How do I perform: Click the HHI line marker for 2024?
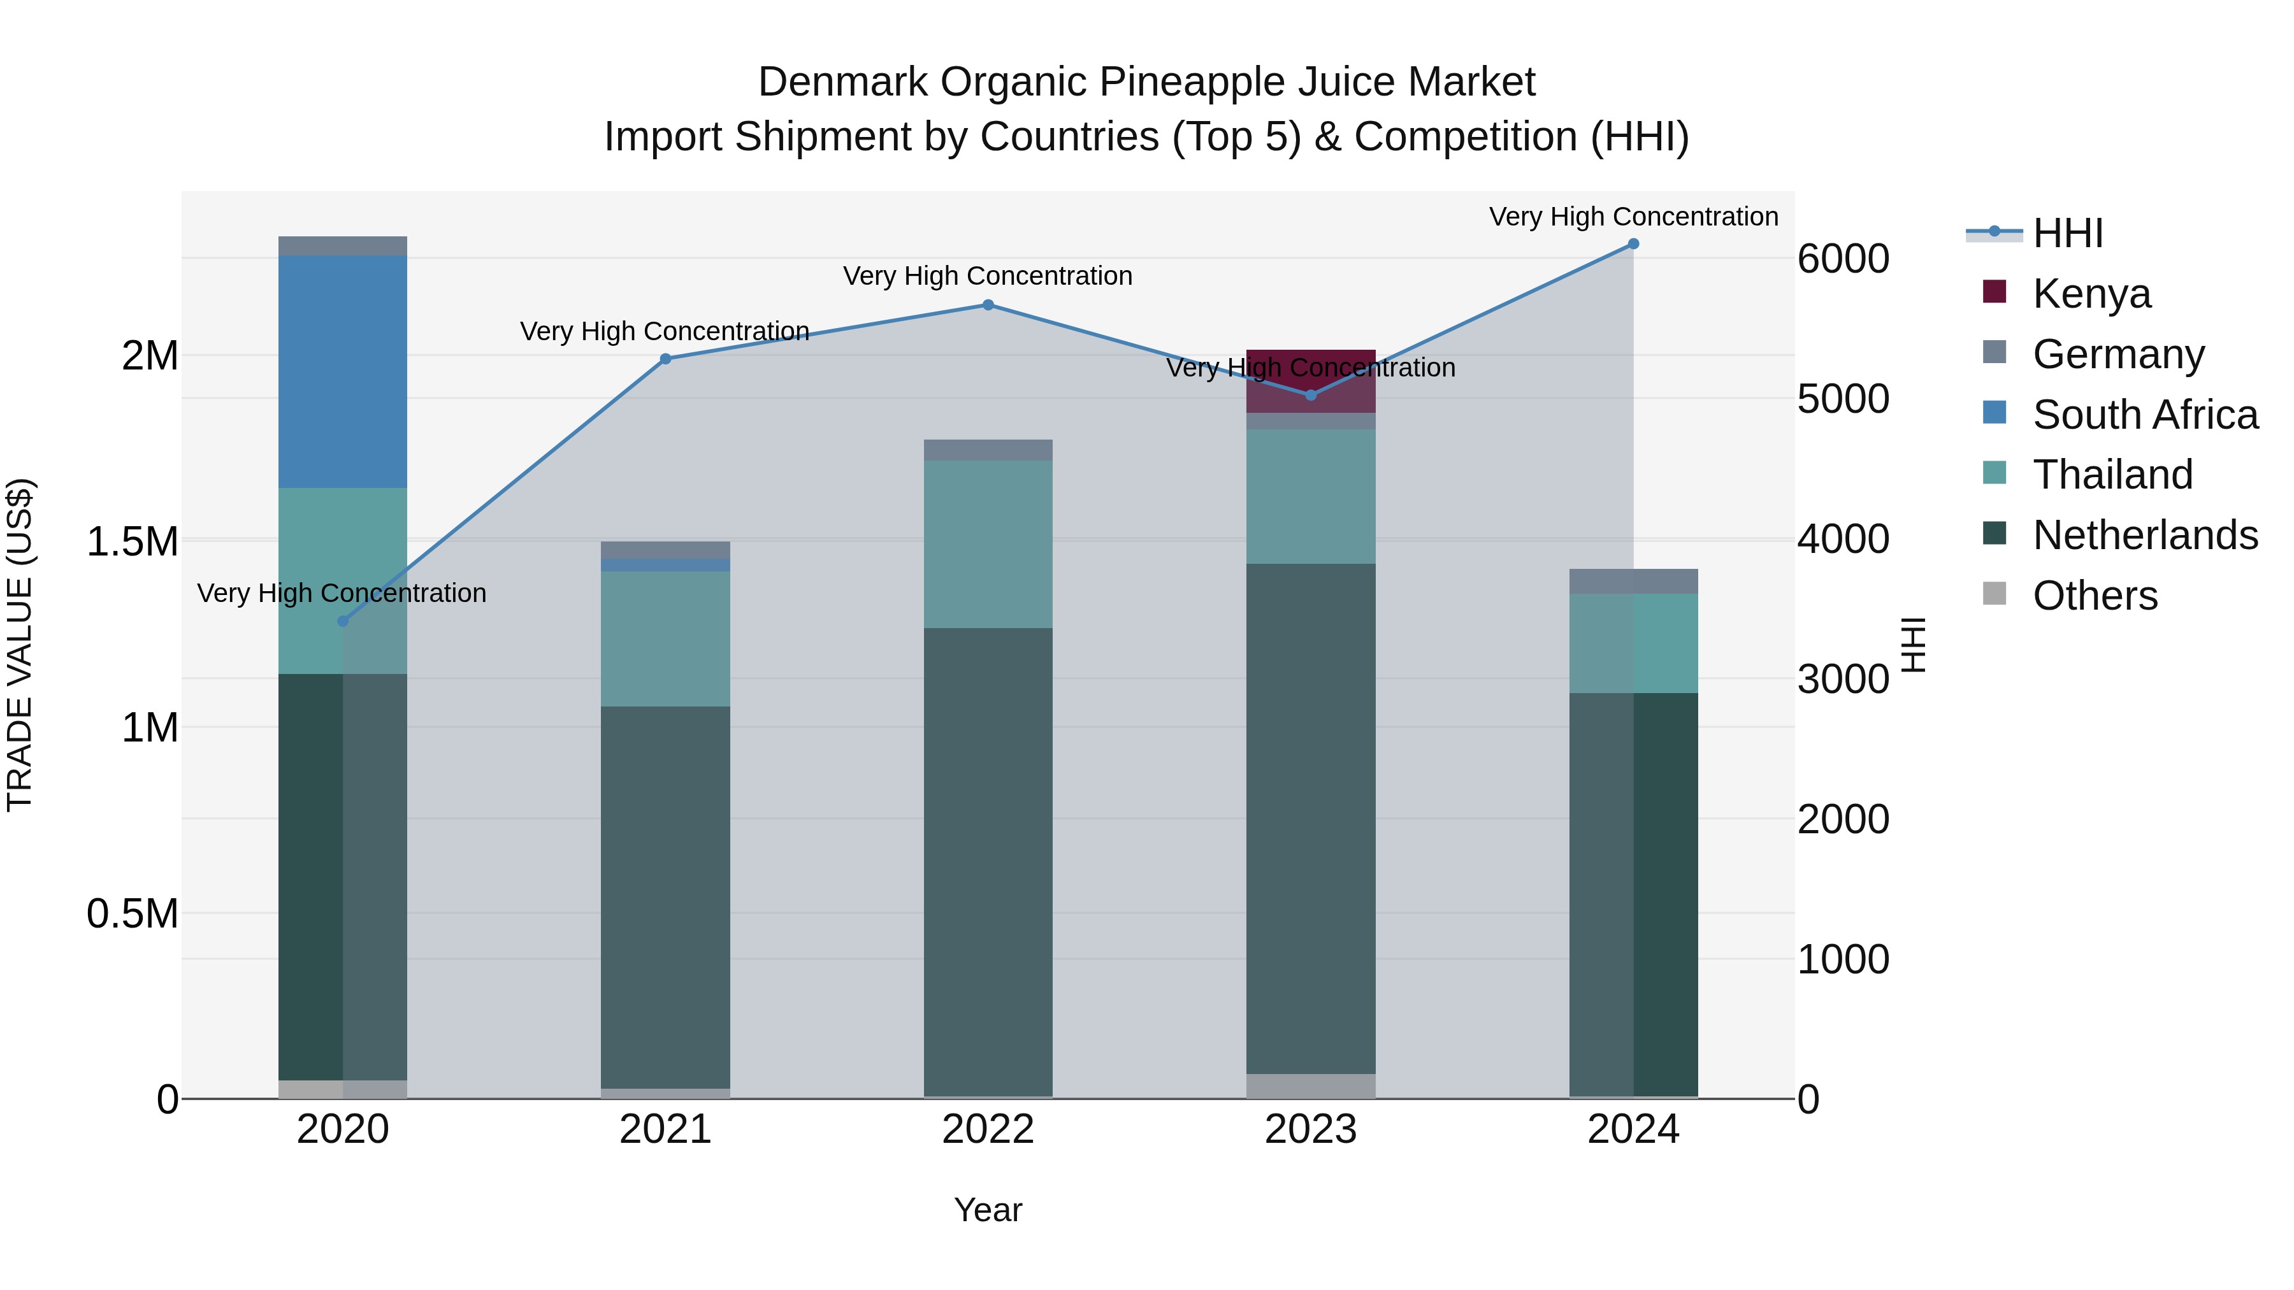pyautogui.click(x=1633, y=243)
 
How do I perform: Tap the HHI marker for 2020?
pyautogui.click(x=343, y=620)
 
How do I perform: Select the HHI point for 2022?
pyautogui.click(x=988, y=305)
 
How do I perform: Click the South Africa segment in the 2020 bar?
pyautogui.click(x=343, y=371)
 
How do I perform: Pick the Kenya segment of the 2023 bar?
pyautogui.click(x=1310, y=380)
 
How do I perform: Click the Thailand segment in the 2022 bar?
pyautogui.click(x=988, y=544)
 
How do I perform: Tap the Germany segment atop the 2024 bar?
pyautogui.click(x=1633, y=580)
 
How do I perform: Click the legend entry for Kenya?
pyautogui.click(x=2091, y=293)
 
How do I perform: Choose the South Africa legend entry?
pyautogui.click(x=2144, y=414)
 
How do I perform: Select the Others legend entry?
pyautogui.click(x=2095, y=595)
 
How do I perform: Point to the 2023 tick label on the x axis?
pyautogui.click(x=1310, y=1129)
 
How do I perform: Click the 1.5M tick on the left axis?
pyautogui.click(x=133, y=541)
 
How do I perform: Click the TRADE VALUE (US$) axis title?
pyautogui.click(x=20, y=645)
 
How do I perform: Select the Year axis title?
pyautogui.click(x=988, y=1210)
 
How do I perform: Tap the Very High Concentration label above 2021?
pyautogui.click(x=665, y=331)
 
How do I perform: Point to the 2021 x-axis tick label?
pyautogui.click(x=665, y=1129)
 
